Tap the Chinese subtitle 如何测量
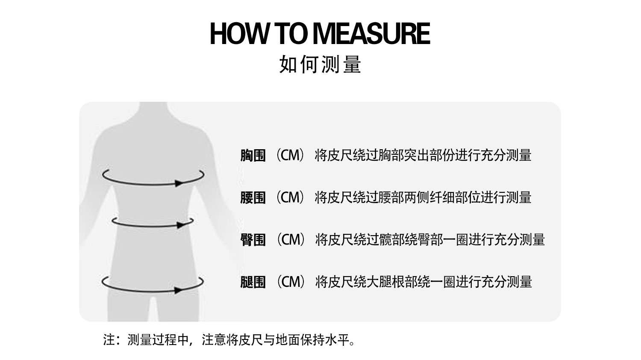320,65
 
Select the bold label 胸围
253,155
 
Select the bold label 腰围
253,198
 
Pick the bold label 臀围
253,240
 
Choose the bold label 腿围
253,282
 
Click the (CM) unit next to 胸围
290,155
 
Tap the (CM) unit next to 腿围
290,282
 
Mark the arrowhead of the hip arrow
179,290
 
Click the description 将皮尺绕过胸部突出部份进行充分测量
423,155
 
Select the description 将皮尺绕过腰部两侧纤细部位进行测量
423,198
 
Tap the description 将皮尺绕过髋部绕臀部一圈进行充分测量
430,240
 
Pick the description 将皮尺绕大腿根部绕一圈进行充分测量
423,282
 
